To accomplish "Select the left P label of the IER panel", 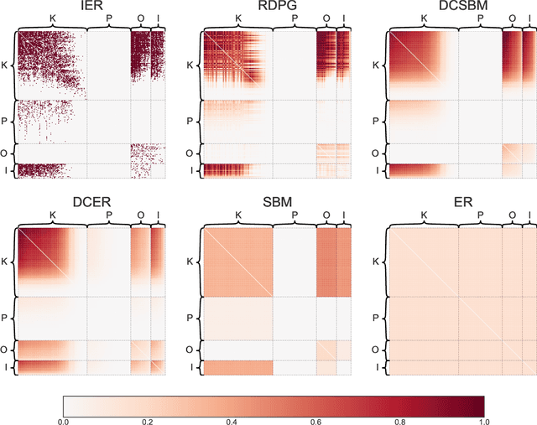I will point(6,121).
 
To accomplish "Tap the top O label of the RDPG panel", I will point(326,18).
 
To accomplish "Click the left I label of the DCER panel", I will point(6,366).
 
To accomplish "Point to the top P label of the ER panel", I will point(480,215).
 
